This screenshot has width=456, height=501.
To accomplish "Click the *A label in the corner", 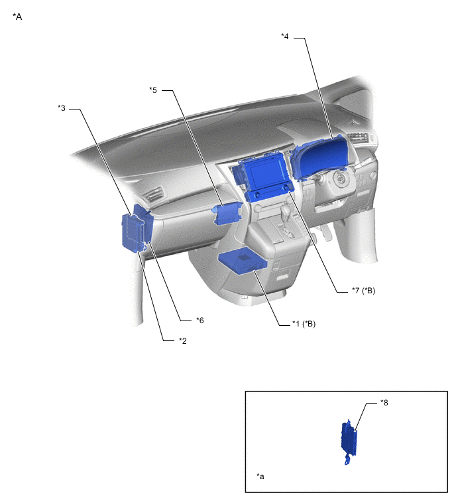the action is tap(17, 17).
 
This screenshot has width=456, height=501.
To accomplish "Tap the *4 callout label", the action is tap(284, 36).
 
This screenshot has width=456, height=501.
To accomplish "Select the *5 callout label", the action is tap(153, 90).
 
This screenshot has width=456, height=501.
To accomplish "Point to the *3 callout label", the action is tap(61, 108).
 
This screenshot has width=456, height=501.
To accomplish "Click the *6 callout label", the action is tap(200, 320).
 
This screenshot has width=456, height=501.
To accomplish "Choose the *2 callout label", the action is tap(183, 341).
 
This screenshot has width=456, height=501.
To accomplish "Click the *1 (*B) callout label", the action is tap(304, 324).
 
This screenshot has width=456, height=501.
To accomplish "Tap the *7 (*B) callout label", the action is tap(363, 291).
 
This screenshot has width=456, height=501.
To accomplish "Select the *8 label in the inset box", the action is tap(384, 403).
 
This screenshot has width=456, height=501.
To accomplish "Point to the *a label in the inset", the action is tap(260, 476).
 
